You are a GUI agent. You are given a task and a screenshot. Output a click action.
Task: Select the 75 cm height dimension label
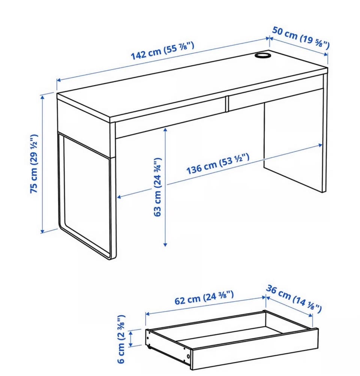pyautogui.click(x=34, y=164)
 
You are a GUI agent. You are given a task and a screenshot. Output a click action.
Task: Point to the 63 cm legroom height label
pyautogui.click(x=157, y=187)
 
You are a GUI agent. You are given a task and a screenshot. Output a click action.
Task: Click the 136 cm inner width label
pyautogui.click(x=218, y=164)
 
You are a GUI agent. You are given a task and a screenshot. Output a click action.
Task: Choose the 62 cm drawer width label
pyautogui.click(x=204, y=297)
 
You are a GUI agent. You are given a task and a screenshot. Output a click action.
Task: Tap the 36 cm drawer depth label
pyautogui.click(x=294, y=298)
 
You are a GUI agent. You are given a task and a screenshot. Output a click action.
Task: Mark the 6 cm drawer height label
pyautogui.click(x=121, y=339)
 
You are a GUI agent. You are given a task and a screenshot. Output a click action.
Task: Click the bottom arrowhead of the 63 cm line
pyautogui.click(x=165, y=245)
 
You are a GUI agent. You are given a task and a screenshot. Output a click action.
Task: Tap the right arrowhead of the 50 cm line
pyautogui.click(x=326, y=54)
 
